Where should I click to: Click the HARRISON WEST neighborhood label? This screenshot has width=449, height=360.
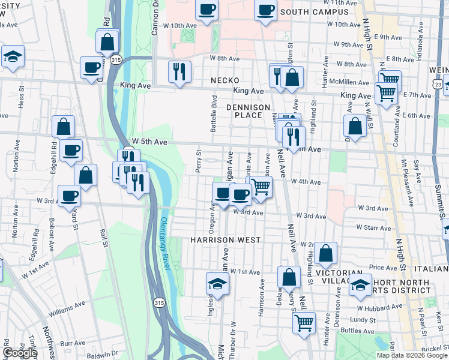tap(225, 240)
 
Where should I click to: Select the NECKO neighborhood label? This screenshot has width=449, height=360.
tap(225, 80)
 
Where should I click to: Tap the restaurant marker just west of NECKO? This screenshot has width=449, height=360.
tap(179, 72)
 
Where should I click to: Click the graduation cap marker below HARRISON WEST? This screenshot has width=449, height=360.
tap(217, 284)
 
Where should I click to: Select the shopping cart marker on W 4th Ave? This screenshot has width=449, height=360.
tap(261, 187)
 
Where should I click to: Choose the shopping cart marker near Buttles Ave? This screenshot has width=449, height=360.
tap(304, 322)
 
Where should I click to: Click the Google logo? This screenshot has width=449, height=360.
tap(20, 353)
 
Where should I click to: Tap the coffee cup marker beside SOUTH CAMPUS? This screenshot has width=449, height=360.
tap(265, 11)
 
